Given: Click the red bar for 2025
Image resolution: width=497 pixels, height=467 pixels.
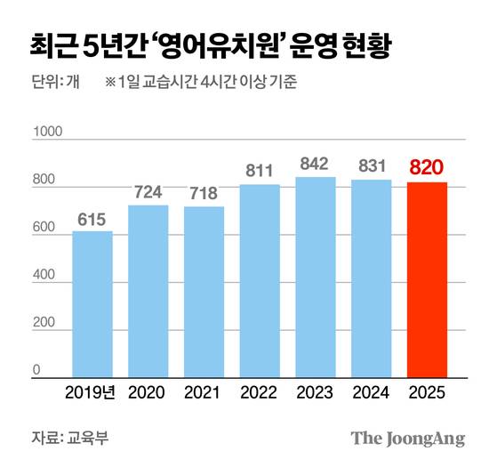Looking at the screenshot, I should pos(427,279).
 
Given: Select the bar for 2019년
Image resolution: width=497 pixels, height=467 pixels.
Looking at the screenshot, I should pos(92,304).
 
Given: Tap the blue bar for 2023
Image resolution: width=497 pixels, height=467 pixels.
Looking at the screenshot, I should pos(316,277).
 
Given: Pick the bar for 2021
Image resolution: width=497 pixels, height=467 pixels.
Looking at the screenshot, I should pos(204,292).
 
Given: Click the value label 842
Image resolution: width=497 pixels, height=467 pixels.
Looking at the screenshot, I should pos(316,164).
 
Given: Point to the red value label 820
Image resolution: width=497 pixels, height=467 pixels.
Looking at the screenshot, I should pos(427,167).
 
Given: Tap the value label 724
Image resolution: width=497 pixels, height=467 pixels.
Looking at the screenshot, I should pos(148,191).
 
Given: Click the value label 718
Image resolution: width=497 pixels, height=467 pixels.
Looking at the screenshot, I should pos(204,193).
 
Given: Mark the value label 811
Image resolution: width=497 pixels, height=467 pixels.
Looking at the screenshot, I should pos(260,170).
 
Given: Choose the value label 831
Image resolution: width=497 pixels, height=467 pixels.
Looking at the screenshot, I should pos(371,166).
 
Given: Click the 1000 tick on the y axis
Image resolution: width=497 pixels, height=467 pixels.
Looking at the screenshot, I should pos(44,133).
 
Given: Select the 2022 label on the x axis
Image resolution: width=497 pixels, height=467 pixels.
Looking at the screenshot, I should pos(260,391).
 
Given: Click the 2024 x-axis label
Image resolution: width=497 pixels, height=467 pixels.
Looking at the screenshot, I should pos(371,391).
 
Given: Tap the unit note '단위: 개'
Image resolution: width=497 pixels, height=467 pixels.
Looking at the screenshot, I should pos(55,85).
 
